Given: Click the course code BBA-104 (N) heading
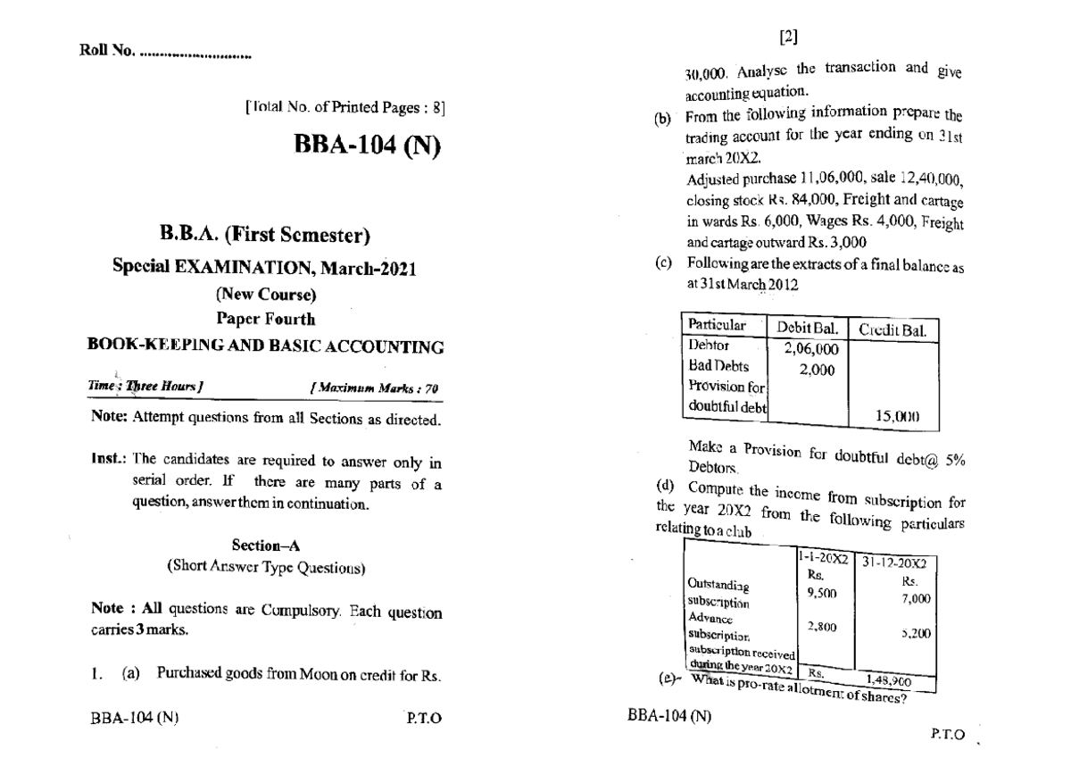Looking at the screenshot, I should tap(367, 146).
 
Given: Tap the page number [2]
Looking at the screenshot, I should tap(789, 37).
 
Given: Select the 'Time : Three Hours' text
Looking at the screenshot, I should tap(147, 387).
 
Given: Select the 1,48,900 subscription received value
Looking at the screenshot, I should tap(892, 679).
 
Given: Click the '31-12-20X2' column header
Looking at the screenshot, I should tap(895, 564).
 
